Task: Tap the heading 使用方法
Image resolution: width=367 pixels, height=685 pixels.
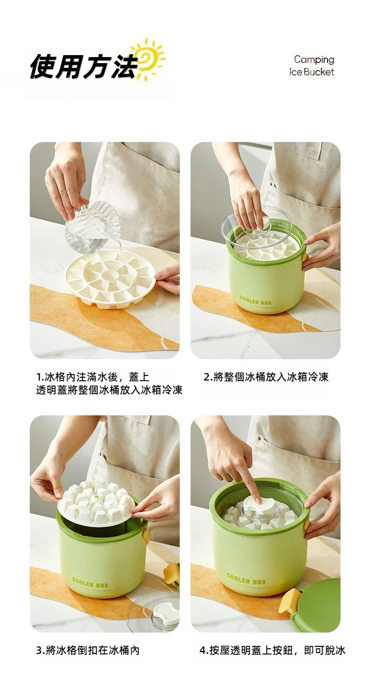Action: (83, 66)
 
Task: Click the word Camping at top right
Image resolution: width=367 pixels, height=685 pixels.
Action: (314, 60)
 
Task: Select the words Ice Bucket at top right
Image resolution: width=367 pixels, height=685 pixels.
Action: (312, 72)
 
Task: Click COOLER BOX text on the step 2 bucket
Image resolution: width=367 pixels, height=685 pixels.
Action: (256, 300)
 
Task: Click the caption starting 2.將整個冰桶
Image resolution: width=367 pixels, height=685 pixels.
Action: (266, 377)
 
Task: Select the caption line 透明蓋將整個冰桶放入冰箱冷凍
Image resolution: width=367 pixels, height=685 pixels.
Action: (109, 390)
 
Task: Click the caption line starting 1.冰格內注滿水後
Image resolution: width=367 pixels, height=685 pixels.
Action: (93, 377)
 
